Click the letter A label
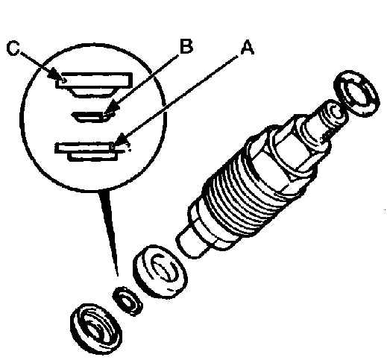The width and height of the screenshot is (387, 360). click(x=248, y=48)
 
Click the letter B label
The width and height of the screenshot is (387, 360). click(x=186, y=46)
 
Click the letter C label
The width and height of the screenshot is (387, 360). click(x=13, y=48)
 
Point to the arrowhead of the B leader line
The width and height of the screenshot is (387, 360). click(x=110, y=109)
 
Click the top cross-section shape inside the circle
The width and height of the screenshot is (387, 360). click(x=94, y=84)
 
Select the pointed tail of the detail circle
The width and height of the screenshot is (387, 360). click(x=110, y=231)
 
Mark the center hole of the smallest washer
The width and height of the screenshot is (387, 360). click(x=128, y=302)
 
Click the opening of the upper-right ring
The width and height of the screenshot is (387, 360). click(x=358, y=94)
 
